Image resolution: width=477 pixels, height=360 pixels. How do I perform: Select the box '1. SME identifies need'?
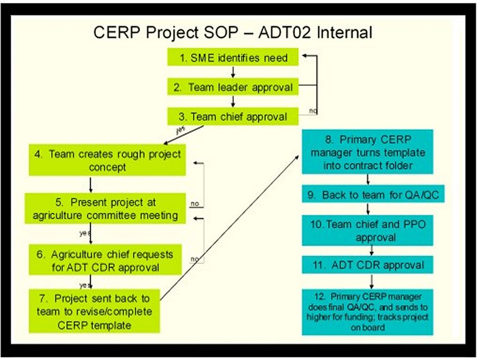[233, 57]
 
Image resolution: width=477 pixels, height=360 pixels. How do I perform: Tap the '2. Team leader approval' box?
[233, 86]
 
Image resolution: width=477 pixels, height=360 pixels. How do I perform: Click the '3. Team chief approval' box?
[233, 116]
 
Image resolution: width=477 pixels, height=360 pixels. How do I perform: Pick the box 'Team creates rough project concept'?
[107, 160]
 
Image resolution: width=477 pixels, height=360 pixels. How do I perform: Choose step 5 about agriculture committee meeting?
[105, 209]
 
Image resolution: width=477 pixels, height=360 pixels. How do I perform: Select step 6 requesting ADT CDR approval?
[106, 260]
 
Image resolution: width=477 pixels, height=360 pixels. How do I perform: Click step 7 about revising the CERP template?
[94, 311]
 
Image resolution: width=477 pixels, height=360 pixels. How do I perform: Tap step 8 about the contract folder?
[367, 152]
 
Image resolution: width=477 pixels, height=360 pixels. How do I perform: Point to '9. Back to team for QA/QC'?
[373, 194]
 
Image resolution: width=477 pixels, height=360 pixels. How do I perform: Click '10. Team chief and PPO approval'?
[367, 230]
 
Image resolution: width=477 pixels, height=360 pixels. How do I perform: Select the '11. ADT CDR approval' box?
[367, 265]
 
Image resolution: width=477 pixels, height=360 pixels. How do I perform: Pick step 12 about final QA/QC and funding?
[367, 312]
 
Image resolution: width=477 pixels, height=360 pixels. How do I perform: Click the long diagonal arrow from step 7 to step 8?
[230, 228]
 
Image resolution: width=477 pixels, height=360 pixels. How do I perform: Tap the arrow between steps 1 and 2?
[233, 72]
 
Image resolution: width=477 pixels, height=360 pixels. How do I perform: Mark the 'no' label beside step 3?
[313, 111]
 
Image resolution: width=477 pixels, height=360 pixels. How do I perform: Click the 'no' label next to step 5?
[195, 203]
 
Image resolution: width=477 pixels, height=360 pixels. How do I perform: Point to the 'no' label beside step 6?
[194, 259]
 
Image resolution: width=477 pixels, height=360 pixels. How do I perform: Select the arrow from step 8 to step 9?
[368, 179]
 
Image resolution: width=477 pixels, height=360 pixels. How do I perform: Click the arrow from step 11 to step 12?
[371, 281]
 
